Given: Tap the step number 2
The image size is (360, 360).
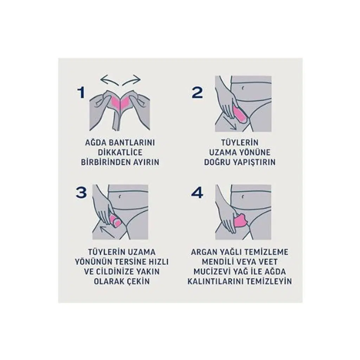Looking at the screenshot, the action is tap(197, 93).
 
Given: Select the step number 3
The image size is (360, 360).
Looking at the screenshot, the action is tap(81, 192).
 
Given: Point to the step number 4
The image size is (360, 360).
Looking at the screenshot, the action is tap(197, 192).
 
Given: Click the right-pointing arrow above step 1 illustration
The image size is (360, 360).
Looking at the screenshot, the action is tap(131, 81).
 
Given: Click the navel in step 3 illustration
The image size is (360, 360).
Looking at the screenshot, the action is tap(120, 196).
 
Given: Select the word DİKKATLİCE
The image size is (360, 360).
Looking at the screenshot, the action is tap(120, 152).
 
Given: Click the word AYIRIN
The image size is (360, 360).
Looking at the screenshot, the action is tap(146, 162).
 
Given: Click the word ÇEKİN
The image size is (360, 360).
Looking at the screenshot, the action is tap(139, 281).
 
